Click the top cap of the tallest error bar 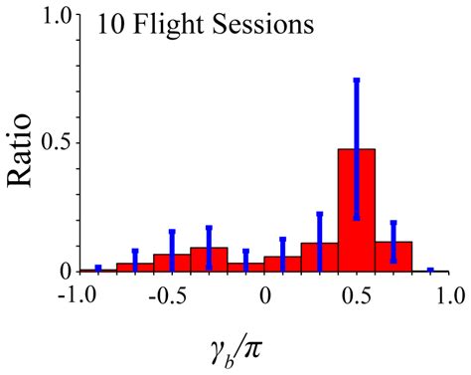(357, 80)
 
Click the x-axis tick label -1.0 (77, 295)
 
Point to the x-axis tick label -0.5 (169, 295)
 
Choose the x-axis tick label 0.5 (357, 295)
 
